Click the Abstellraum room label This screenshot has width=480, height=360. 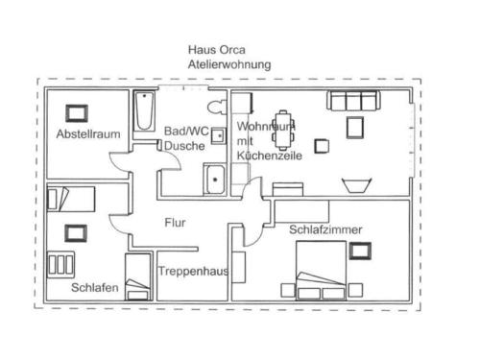(88, 133)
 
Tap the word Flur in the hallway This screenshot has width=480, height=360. (175, 223)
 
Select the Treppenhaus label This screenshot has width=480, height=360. (194, 271)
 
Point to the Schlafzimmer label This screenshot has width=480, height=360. (325, 229)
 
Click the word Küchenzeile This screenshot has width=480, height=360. (270, 156)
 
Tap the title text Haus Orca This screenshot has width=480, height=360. (217, 50)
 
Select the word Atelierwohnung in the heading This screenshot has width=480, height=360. (229, 64)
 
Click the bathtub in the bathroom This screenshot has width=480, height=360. (144, 110)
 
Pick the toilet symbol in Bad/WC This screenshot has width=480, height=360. (217, 107)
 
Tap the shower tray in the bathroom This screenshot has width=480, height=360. (215, 180)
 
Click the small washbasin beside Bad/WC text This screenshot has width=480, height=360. (219, 135)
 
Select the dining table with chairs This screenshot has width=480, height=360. (283, 131)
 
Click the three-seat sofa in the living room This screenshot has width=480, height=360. (353, 100)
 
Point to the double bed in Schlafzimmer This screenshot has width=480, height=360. (321, 271)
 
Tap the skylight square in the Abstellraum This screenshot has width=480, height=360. (77, 113)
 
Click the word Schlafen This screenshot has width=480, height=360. (95, 287)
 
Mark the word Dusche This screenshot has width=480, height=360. (184, 146)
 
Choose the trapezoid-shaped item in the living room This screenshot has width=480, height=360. (357, 185)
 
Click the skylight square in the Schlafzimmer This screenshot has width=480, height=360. (360, 251)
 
